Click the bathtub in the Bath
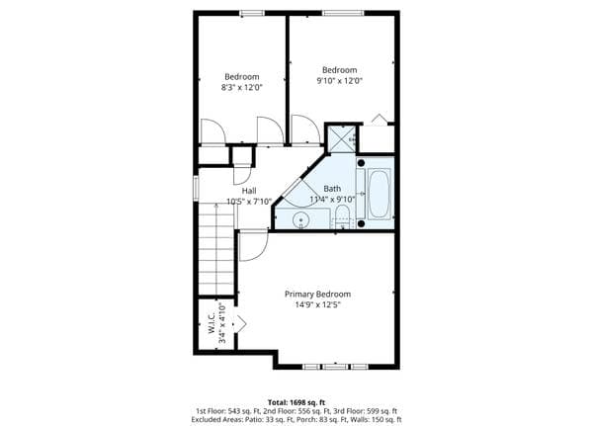coord(379,194)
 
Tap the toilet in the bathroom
coord(343,217)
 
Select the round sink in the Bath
coord(300,219)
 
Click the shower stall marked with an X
coord(342,138)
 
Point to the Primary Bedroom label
coord(317,294)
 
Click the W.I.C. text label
coord(212,323)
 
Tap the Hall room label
coord(249,191)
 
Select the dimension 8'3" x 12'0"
coord(242,87)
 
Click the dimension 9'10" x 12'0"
coord(340,81)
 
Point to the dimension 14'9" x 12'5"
coord(318,304)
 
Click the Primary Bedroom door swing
coord(254,246)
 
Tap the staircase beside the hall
coord(215,249)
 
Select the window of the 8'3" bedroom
coord(252,13)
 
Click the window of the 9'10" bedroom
coord(343,13)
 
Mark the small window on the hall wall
coord(196,188)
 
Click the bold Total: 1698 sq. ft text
coord(296,402)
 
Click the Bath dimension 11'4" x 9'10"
coord(332,199)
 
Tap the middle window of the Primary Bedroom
coord(335,367)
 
